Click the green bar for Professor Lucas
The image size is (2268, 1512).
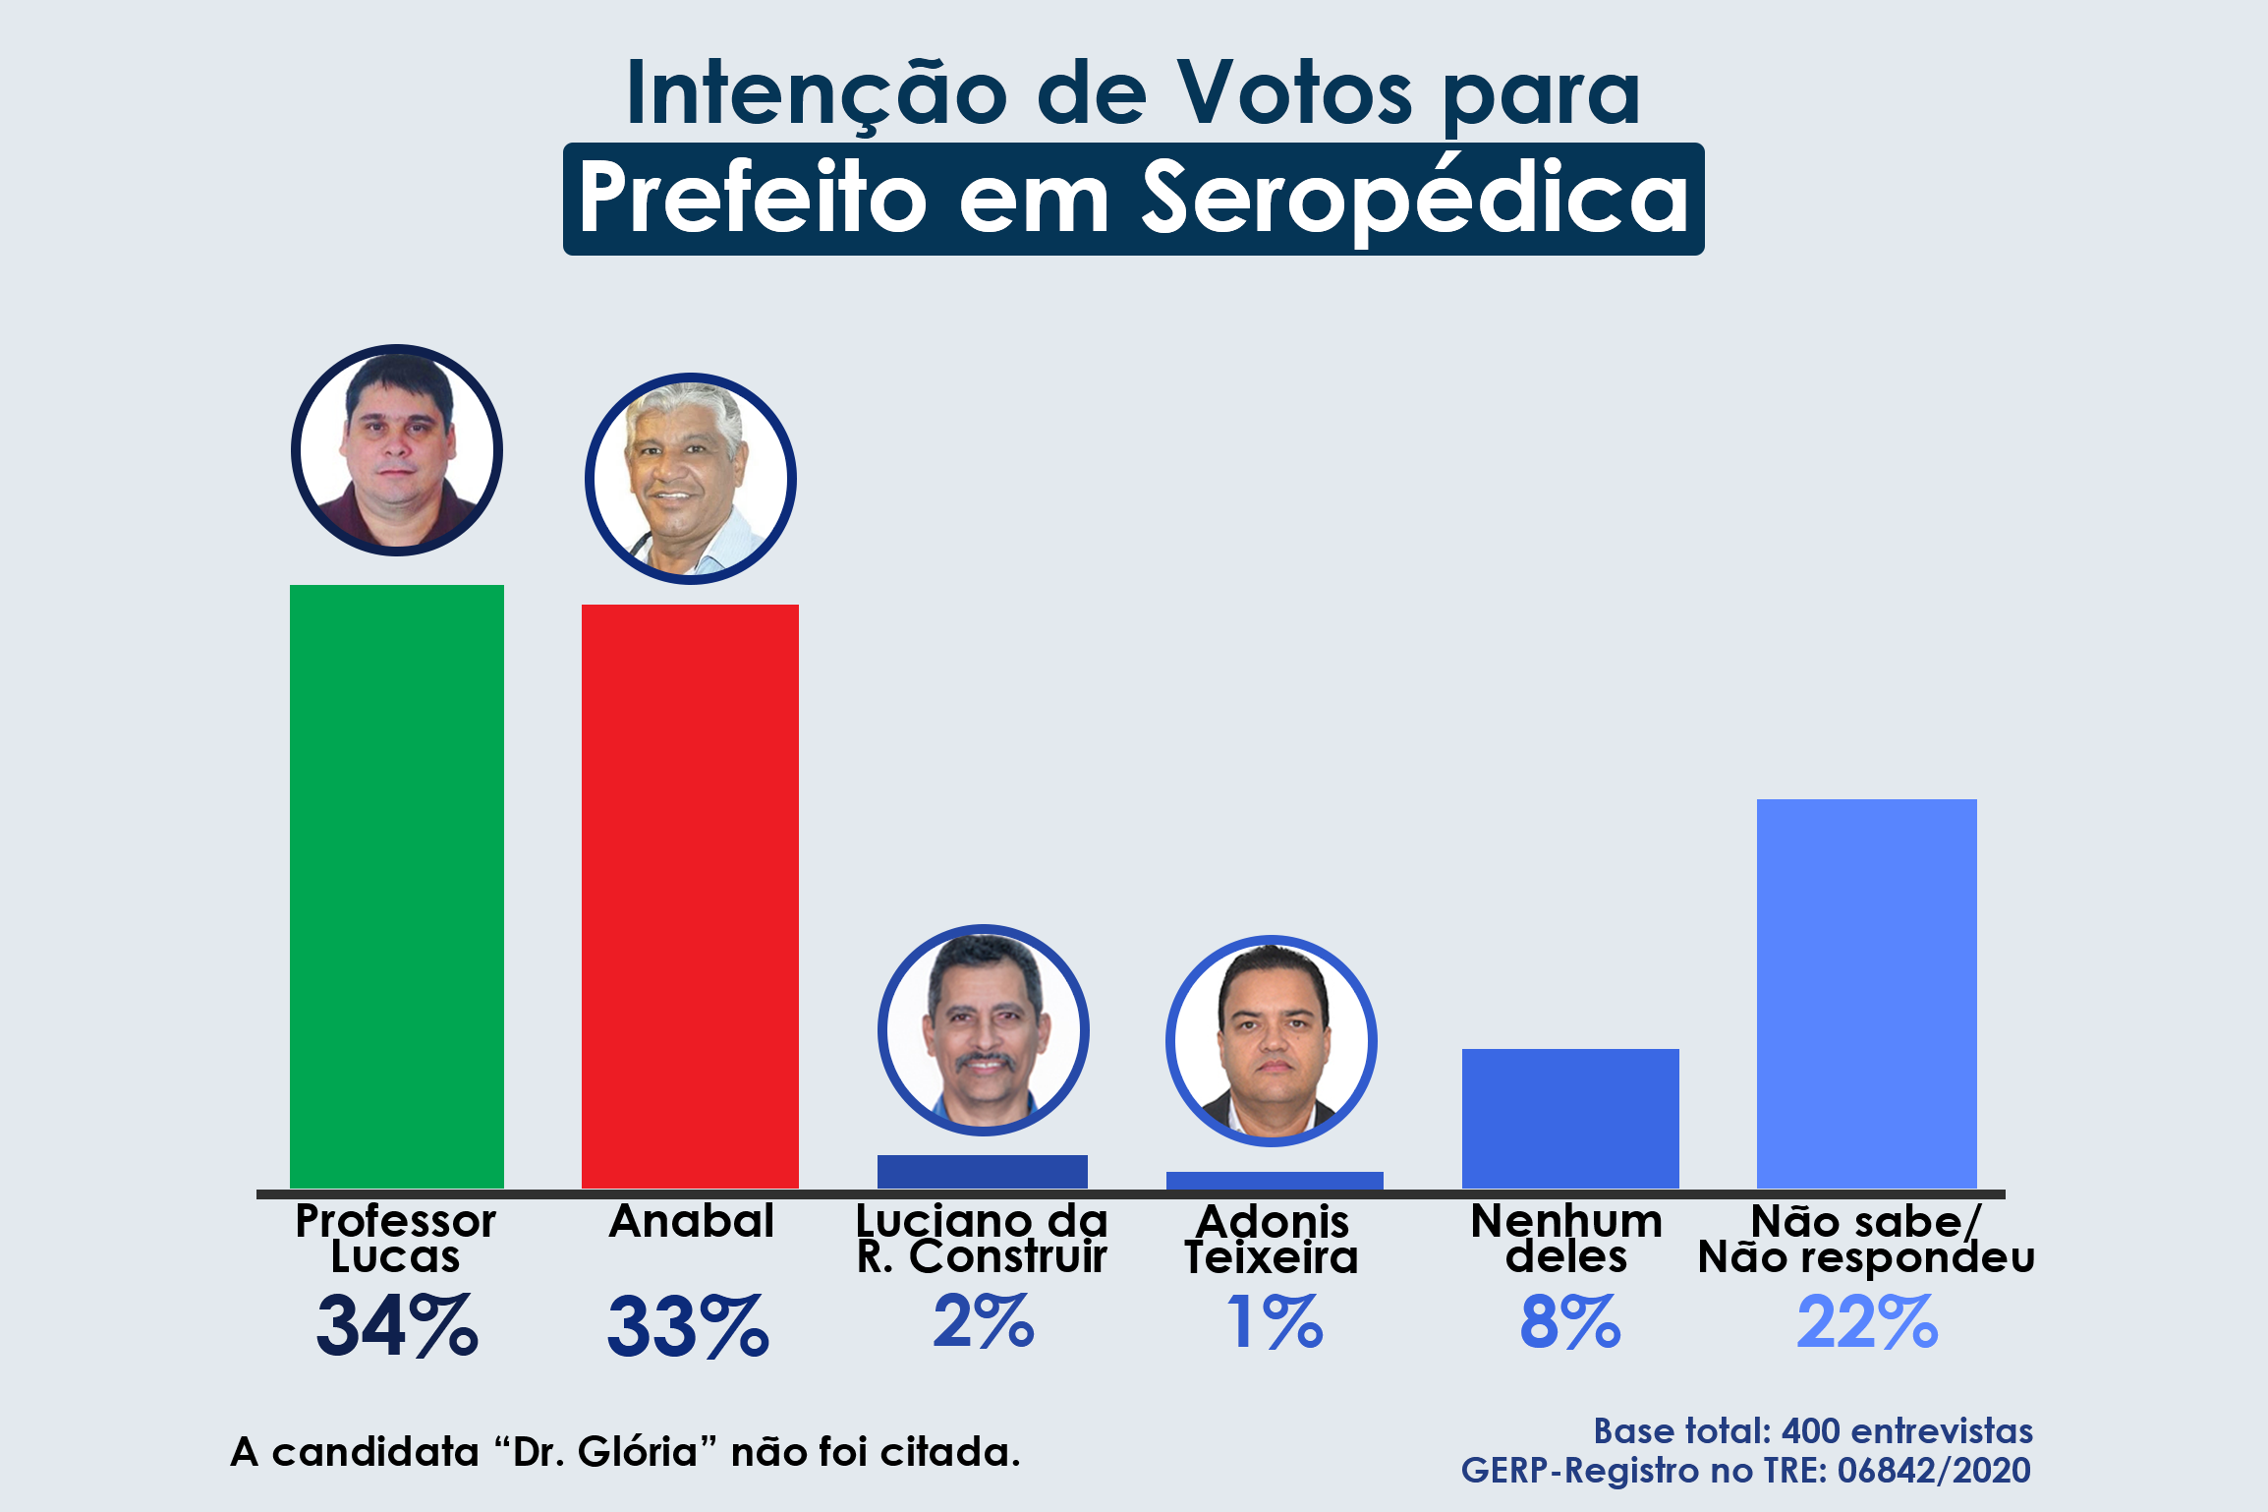click(x=396, y=885)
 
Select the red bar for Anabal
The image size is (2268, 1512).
click(x=690, y=895)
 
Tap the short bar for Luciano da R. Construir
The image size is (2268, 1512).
click(x=982, y=1171)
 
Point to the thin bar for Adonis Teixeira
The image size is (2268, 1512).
click(x=1275, y=1180)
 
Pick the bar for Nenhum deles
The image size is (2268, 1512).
click(x=1569, y=1118)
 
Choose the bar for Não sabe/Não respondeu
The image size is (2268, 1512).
click(x=1866, y=993)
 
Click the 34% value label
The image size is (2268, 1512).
click(x=397, y=1326)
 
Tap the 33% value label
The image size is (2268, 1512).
click(x=688, y=1326)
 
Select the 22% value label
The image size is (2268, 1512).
click(x=1866, y=1323)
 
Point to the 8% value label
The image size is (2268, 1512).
click(x=1569, y=1323)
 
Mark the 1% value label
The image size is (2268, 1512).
click(x=1275, y=1323)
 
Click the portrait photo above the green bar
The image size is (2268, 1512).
click(x=397, y=450)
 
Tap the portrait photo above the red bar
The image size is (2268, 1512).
click(x=690, y=479)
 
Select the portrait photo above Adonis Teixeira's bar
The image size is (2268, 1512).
click(x=1272, y=1041)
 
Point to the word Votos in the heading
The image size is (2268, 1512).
click(x=1295, y=94)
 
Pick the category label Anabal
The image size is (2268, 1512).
click(x=692, y=1222)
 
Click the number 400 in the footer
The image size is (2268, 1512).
click(x=1810, y=1431)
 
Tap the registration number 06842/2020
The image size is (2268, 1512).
click(x=1933, y=1471)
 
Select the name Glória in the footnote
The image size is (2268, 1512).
click(x=637, y=1452)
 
